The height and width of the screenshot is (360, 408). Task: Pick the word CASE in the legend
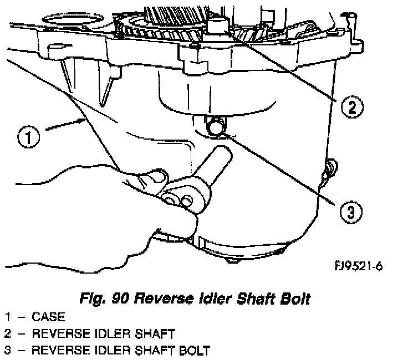click(49, 317)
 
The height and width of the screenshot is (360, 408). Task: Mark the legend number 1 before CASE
click(7, 317)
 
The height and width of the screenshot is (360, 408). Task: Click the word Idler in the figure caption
click(213, 299)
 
